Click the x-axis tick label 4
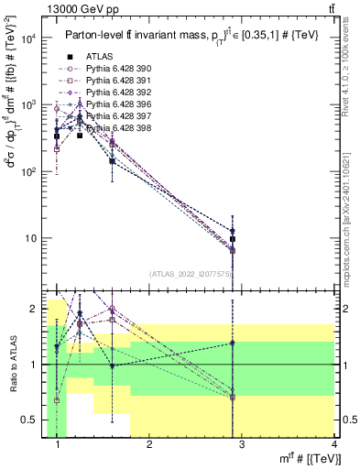pos(333,446)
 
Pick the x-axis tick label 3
pos(242,446)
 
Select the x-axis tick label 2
pos(150,446)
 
